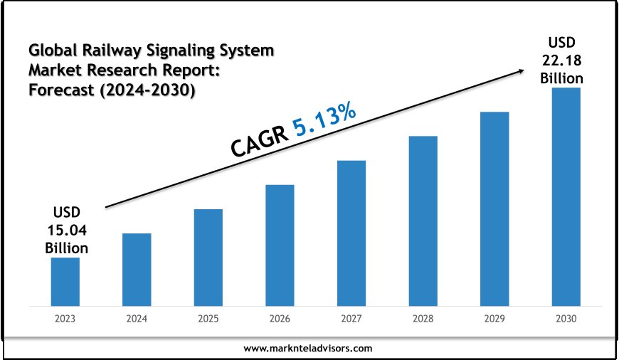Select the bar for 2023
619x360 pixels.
(65, 281)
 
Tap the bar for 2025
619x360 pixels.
(208, 257)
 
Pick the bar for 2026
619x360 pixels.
(280, 245)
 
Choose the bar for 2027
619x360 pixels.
(351, 233)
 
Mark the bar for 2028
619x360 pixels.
(423, 221)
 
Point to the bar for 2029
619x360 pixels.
(494, 208)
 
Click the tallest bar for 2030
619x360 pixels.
(566, 196)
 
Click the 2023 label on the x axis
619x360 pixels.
(65, 319)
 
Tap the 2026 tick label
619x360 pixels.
(280, 319)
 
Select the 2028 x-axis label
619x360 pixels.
(423, 319)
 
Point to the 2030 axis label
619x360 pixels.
(566, 319)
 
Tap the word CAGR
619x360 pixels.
(259, 140)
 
